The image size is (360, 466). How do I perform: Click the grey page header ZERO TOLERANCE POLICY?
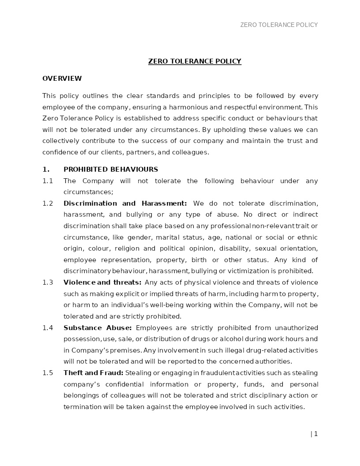(279, 25)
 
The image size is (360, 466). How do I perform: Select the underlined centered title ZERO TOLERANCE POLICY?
(195, 61)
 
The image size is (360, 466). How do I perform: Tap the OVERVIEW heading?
(62, 79)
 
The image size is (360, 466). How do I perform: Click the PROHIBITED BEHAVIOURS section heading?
(111, 169)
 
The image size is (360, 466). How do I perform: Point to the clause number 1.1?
(48, 181)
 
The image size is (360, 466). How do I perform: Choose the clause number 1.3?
(48, 282)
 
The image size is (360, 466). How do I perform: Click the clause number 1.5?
(48, 373)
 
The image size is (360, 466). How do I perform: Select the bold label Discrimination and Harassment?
(125, 203)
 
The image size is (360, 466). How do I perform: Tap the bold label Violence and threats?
(102, 282)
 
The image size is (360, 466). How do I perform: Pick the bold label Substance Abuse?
(97, 328)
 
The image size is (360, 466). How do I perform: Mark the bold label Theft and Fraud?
(94, 373)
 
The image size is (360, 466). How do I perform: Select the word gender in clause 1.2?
(139, 237)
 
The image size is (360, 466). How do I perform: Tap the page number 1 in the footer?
(315, 434)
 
